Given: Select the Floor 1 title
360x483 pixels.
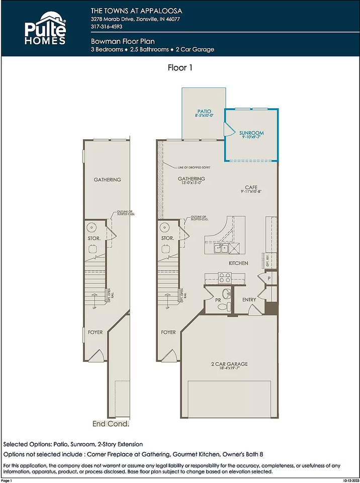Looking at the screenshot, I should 180,67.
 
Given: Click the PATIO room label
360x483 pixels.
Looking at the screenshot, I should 204,111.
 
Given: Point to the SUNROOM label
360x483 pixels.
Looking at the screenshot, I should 251,133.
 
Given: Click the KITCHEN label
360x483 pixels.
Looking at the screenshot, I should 238,263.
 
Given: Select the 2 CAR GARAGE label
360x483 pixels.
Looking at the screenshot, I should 230,364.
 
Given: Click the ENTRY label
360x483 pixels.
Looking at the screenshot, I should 249,300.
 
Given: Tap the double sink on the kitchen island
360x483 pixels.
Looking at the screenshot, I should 221,248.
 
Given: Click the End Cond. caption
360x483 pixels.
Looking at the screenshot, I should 111,424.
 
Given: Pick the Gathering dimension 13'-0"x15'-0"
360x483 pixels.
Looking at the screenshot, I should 191,184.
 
